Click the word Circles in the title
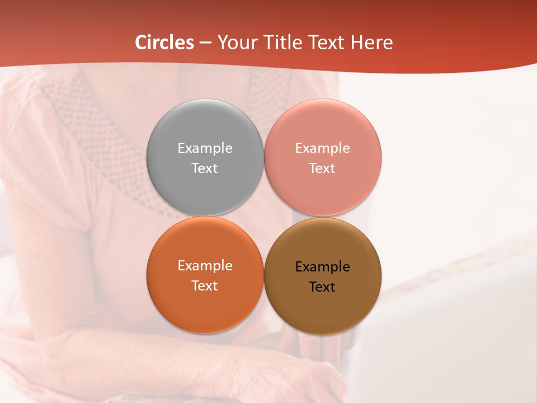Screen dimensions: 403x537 [164, 43]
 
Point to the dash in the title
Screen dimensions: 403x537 [205, 43]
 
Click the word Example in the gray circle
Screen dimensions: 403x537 [205, 148]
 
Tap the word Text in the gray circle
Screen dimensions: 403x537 [205, 168]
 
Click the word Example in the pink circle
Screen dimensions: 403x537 [322, 148]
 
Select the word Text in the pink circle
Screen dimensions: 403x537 [322, 168]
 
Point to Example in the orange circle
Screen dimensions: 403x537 [205, 265]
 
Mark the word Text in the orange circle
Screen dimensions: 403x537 [205, 285]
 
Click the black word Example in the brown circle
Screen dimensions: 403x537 [322, 266]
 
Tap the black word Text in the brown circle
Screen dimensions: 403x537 [322, 287]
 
